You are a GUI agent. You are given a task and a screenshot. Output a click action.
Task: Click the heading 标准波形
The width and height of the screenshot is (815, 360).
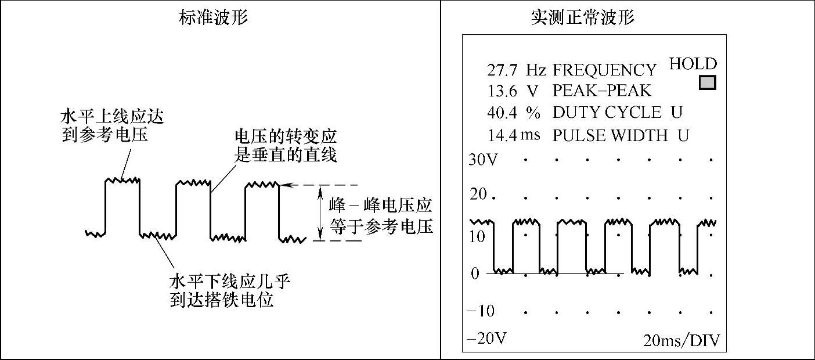point(214,17)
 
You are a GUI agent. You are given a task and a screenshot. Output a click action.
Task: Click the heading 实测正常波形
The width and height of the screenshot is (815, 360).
point(582,17)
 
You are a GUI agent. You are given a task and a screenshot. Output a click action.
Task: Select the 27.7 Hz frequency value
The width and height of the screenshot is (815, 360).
point(516,70)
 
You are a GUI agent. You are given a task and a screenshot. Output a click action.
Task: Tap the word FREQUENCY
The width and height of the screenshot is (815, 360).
point(604,70)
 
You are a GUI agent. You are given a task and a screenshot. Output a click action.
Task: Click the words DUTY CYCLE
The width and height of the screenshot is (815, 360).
point(607,113)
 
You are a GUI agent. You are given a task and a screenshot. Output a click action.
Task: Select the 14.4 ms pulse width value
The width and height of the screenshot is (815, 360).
point(514,135)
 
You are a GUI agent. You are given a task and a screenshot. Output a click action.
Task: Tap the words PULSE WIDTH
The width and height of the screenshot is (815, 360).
point(610,135)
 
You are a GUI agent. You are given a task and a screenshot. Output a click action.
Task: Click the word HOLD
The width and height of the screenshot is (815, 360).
point(693,64)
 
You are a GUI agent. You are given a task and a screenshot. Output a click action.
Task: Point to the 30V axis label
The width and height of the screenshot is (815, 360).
point(483,159)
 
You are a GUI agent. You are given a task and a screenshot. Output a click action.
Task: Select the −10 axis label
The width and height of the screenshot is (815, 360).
point(481,311)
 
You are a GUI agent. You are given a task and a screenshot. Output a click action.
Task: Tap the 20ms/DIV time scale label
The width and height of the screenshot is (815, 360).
point(681,340)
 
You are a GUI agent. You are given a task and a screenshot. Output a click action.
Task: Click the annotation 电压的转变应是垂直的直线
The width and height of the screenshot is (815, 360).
point(285,146)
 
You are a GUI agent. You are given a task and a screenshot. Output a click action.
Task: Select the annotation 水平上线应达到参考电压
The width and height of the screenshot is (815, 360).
point(113,126)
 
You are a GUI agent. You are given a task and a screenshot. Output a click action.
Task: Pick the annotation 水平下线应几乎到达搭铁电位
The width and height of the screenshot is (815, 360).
point(229,291)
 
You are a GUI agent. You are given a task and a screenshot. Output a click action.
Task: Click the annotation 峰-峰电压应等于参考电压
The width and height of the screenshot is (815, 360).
point(381,215)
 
